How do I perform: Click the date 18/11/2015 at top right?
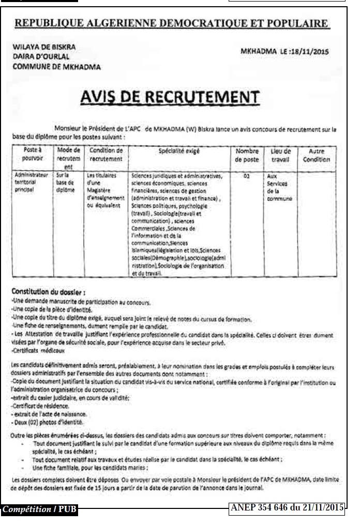point(310,51)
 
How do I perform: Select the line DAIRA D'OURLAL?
point(41,56)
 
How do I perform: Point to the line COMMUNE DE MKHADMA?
point(57,66)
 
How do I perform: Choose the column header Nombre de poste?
point(247,156)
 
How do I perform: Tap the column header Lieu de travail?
point(281,156)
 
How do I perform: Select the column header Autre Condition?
point(317,156)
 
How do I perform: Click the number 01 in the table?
point(247,176)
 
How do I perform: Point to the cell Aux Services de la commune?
point(279,187)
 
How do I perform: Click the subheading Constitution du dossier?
point(48,292)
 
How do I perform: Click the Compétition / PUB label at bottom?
point(39,509)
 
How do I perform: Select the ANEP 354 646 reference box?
point(286,508)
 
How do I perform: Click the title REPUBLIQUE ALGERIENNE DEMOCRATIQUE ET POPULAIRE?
point(171,23)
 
